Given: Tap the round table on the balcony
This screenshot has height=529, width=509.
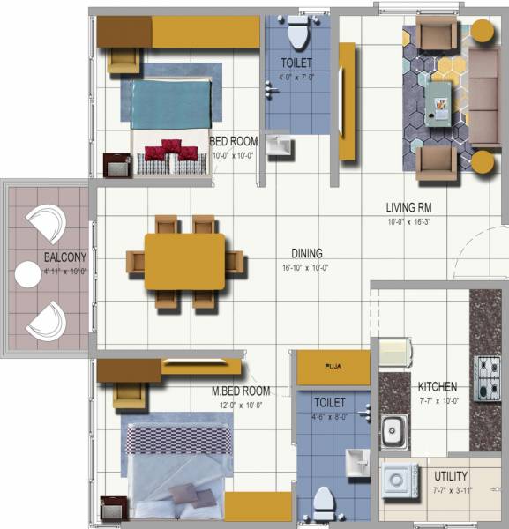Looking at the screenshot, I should click(x=24, y=277).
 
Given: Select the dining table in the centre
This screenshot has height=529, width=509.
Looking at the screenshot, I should click(x=185, y=261).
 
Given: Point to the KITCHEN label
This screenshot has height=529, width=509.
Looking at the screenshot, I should click(x=438, y=386).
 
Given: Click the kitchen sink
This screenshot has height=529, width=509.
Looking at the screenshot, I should click(x=394, y=431).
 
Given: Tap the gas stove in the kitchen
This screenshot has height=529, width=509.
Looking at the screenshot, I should click(x=487, y=377).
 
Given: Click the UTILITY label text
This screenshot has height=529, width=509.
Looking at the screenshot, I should click(x=451, y=476).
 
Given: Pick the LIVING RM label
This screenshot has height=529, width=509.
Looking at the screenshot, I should click(x=408, y=208).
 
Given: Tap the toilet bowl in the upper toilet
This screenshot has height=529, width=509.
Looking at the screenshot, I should click(x=296, y=34).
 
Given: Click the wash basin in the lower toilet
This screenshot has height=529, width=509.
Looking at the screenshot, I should click(x=356, y=460).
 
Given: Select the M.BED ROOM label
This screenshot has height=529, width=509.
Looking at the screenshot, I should click(x=240, y=391).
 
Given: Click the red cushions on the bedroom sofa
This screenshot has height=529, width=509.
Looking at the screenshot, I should click(x=171, y=151).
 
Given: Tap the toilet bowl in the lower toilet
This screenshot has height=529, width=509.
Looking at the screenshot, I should click(x=325, y=502).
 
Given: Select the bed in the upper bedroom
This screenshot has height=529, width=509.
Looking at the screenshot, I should click(x=172, y=104).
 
